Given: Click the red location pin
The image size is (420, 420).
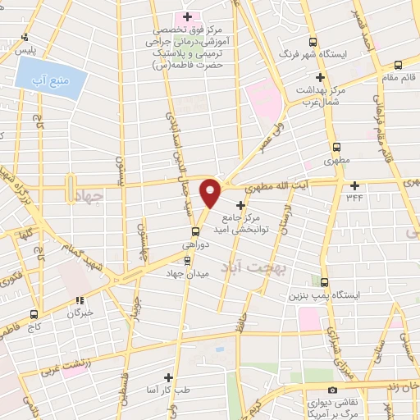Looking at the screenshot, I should coord(211,193).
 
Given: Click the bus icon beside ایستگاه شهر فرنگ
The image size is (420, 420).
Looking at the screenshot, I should coord(312,43).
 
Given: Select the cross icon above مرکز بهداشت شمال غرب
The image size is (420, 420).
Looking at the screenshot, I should coord(320,77).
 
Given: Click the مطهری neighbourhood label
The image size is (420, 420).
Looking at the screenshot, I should coord(319,162).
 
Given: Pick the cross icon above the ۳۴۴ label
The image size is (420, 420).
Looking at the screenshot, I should coord(354,185).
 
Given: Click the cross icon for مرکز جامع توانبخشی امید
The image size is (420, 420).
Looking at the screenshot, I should coord(240,204).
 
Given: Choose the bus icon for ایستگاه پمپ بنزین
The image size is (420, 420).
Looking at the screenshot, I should coord(325,281).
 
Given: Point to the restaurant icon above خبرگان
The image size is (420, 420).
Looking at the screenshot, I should coord(80,300).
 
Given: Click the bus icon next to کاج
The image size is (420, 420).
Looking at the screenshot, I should coord(34,313).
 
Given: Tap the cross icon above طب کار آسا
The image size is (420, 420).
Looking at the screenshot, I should coord(168,377).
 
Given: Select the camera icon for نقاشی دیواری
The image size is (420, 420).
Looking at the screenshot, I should coord(331,390).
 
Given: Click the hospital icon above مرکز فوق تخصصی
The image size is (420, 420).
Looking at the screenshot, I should coord(187,16).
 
